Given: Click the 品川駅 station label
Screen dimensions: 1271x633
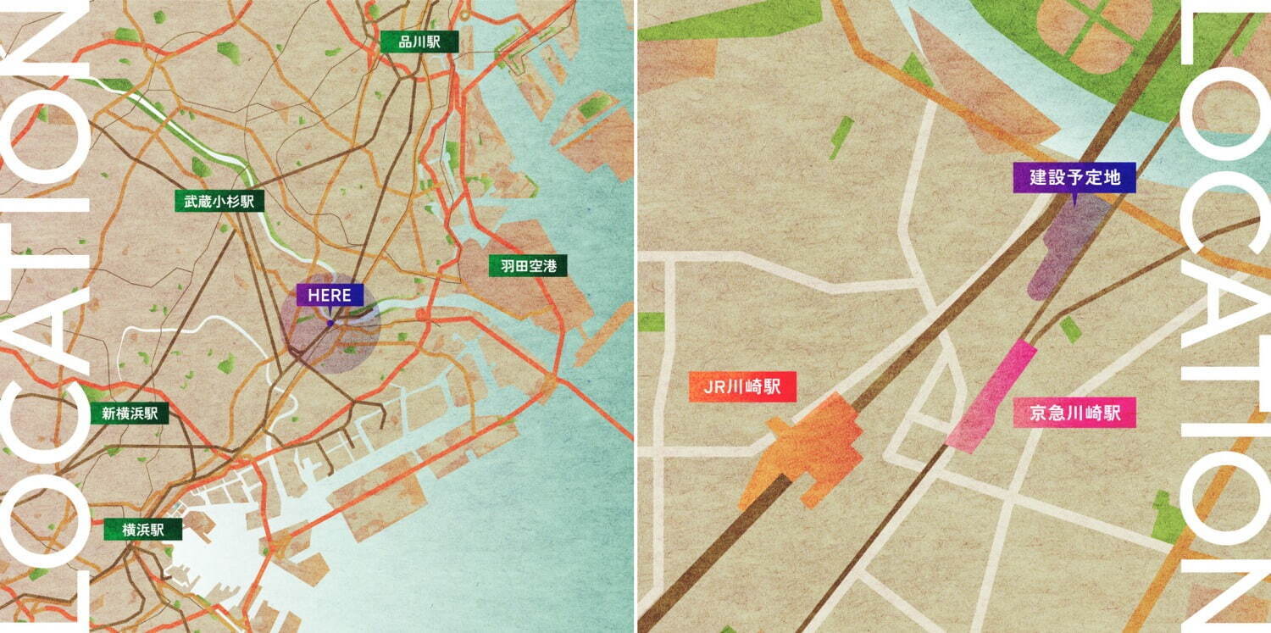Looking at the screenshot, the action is [408, 42].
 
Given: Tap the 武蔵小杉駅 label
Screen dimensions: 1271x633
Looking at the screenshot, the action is [219, 201].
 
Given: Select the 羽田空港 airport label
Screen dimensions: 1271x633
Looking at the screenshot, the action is [528, 266].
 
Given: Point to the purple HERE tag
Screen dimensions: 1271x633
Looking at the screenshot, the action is [330, 295].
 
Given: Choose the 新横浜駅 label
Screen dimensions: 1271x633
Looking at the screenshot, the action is [130, 414].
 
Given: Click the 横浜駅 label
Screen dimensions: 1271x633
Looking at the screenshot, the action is [142, 530].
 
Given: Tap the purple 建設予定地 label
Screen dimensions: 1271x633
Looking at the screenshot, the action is [1074, 178].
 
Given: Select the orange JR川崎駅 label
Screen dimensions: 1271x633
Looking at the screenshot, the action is [742, 388].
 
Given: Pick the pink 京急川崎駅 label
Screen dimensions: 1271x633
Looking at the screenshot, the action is [1074, 414].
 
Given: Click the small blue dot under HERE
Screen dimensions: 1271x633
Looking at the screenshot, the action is [330, 323].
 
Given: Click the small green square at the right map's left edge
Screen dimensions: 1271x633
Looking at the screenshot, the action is [651, 322].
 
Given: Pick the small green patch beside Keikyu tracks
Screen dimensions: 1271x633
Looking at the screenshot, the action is [1071, 329].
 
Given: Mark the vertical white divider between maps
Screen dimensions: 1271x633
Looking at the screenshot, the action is [635, 316].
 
